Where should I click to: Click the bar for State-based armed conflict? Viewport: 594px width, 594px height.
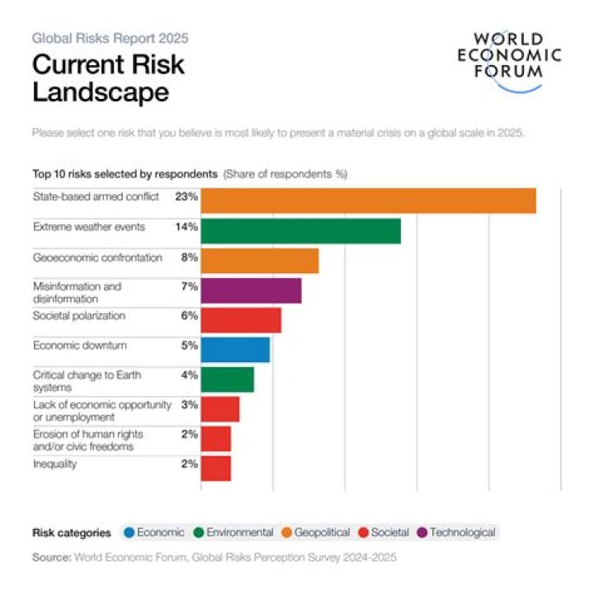[x=368, y=201]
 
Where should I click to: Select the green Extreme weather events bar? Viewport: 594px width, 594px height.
[x=300, y=231]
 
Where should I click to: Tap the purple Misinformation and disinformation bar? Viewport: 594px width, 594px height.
[x=251, y=290]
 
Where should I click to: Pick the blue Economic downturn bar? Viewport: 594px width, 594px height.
[x=235, y=350]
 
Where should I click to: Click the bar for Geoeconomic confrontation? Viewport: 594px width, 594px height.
[x=259, y=261]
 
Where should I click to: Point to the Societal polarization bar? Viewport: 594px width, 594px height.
[x=241, y=320]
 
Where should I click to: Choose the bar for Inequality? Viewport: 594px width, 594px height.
[x=216, y=469]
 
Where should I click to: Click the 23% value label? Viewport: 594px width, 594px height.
[x=186, y=197]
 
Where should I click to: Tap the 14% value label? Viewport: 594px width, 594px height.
[x=186, y=227]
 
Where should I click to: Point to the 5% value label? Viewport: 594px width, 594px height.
[x=190, y=346]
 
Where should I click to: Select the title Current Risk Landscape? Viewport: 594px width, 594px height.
[x=108, y=78]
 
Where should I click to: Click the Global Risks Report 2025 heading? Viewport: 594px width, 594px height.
[x=111, y=38]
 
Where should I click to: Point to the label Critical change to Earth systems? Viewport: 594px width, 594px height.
[x=87, y=381]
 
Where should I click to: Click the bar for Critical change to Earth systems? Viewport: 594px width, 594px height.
[x=227, y=379]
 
